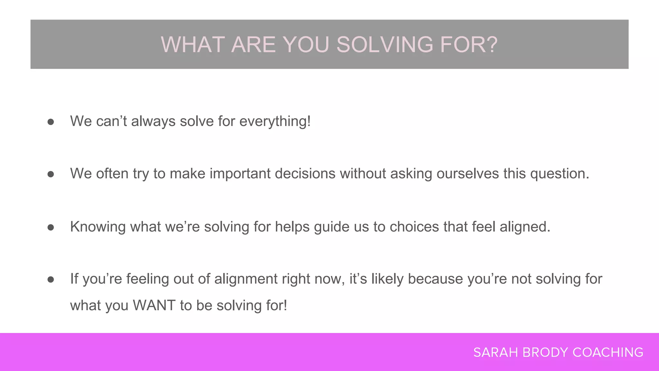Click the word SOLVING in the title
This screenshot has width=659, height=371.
[x=385, y=44]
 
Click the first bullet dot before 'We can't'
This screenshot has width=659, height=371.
[x=51, y=122]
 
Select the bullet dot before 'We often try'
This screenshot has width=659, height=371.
[x=51, y=174]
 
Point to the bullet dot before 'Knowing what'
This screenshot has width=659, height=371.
[x=51, y=227]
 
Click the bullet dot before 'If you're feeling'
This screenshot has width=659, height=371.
[x=51, y=279]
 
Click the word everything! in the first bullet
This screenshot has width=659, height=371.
[x=275, y=121]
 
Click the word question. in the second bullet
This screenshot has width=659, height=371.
[x=560, y=174]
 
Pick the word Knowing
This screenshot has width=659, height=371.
[x=98, y=227]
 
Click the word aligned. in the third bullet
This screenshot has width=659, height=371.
[x=525, y=227]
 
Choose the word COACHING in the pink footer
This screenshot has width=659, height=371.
[x=608, y=353]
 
